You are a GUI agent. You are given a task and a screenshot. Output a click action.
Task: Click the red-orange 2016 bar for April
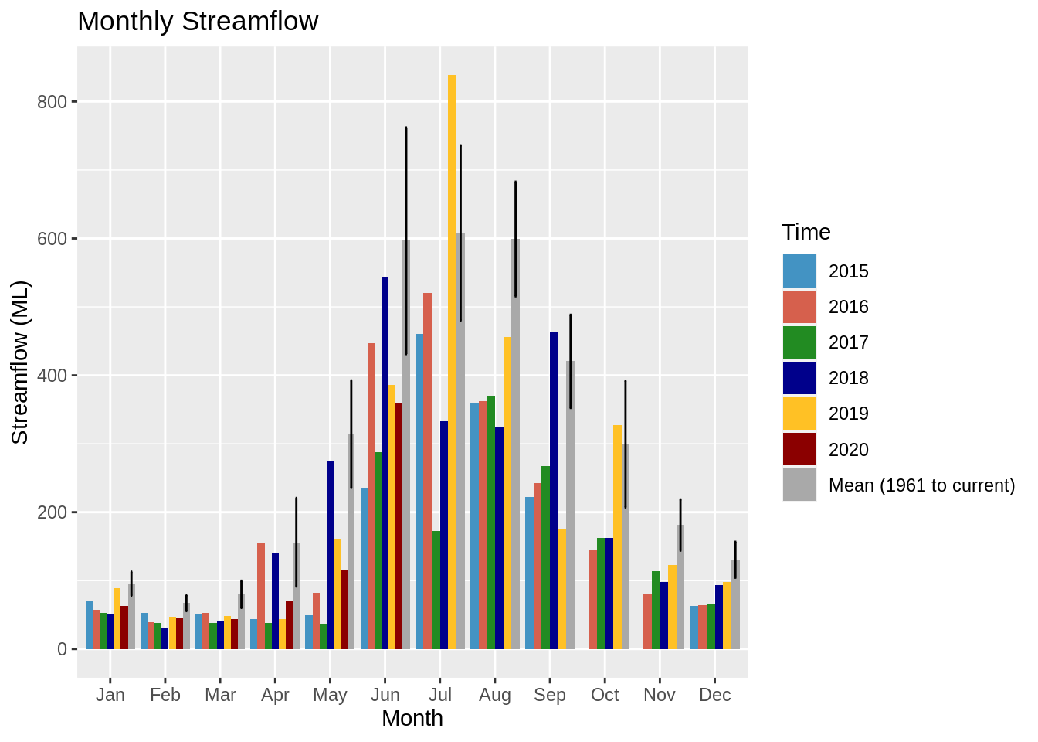[261, 595]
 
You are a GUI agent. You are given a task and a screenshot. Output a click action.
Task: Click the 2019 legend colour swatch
[799, 414]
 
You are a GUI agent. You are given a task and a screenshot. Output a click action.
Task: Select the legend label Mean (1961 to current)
[921, 485]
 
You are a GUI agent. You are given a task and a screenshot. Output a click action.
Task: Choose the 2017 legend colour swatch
[799, 342]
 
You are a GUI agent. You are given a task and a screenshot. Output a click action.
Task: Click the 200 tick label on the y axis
[53, 512]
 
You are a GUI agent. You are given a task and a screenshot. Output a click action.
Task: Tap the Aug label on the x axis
[495, 695]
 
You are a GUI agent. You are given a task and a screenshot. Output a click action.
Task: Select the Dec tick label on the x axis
[714, 695]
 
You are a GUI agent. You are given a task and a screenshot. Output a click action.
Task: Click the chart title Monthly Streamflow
[198, 21]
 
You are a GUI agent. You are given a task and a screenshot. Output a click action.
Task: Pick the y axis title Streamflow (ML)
[20, 362]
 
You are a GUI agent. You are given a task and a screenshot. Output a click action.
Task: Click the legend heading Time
[806, 232]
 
